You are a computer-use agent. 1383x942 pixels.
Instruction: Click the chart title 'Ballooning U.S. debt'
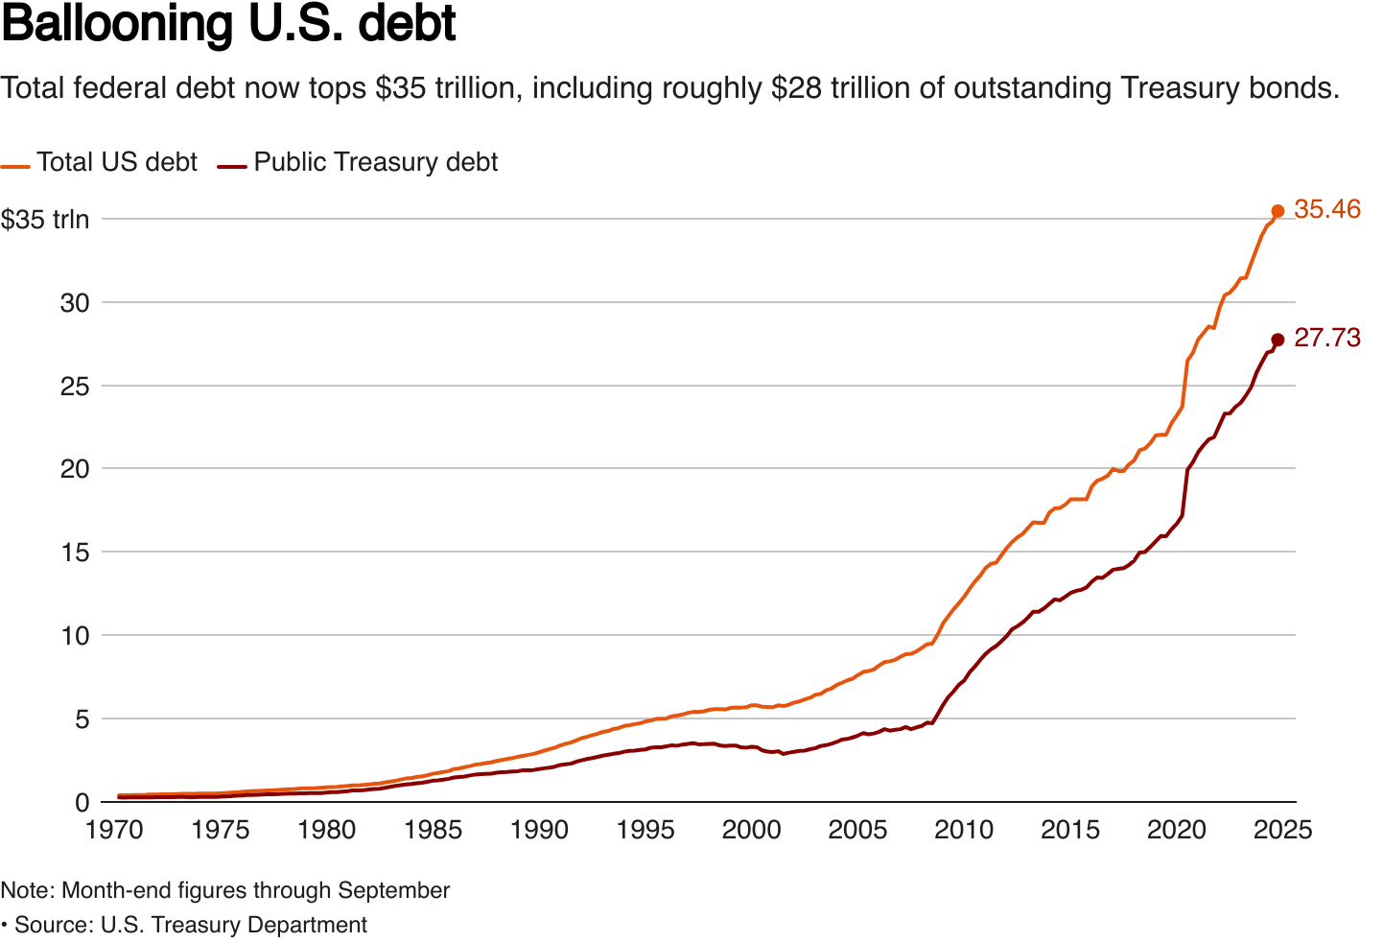[228, 26]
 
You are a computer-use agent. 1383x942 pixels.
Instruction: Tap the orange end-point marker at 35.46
[1278, 211]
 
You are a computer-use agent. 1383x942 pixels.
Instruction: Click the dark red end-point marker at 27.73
[1278, 340]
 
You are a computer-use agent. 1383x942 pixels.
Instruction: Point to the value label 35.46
[1326, 209]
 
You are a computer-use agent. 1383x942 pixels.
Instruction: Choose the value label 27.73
[1326, 338]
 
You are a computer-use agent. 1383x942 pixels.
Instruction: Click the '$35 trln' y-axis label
[45, 220]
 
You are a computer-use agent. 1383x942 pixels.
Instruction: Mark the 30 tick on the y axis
[75, 303]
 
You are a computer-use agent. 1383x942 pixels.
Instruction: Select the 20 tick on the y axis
[75, 469]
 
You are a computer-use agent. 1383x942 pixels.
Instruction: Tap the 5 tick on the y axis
[82, 718]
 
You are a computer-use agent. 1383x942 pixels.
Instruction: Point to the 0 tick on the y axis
[82, 802]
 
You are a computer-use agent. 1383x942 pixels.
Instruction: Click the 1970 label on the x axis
[115, 830]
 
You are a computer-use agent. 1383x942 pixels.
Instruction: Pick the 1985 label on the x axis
[434, 830]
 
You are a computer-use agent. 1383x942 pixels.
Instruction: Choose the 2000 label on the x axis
[751, 830]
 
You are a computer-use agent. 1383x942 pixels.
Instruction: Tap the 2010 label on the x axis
[964, 830]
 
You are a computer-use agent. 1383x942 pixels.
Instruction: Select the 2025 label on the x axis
[1282, 830]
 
